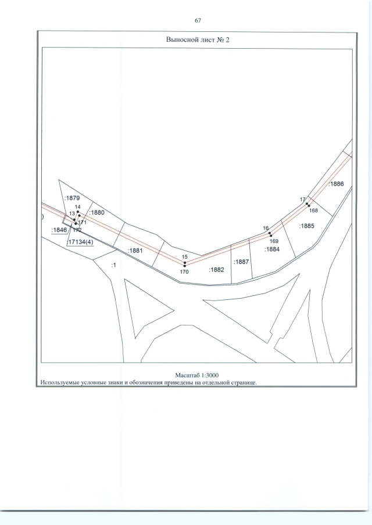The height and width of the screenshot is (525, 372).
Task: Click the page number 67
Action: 198,20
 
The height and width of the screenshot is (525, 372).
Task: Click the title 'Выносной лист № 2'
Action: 198,39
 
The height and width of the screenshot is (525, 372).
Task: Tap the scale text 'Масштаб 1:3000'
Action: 197,375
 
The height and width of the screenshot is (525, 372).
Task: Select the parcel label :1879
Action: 72,198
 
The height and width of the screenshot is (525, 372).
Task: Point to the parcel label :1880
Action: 96,213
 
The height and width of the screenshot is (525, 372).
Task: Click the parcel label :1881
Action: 135,251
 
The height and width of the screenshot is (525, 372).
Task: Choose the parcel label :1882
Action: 216,270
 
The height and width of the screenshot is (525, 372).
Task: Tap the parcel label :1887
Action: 242,262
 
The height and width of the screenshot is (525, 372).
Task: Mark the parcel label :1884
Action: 272,249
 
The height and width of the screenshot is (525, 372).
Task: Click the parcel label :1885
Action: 306,226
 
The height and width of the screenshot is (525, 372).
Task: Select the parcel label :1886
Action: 336,184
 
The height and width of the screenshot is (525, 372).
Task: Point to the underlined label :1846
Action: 59,230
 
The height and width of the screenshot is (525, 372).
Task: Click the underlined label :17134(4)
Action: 80,242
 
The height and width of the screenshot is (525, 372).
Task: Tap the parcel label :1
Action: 114,265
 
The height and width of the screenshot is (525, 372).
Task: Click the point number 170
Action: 184,272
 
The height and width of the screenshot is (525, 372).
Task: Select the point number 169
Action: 274,241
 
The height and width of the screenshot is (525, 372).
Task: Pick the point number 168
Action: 314,211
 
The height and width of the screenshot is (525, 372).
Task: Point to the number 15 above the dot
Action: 185,257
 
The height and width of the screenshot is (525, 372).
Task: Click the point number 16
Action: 266,229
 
